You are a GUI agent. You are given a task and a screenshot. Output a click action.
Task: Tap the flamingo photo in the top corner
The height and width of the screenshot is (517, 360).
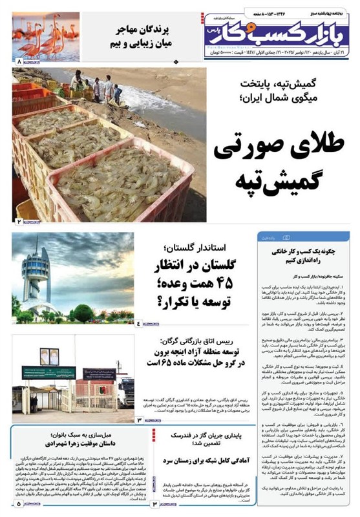(x=46, y=37)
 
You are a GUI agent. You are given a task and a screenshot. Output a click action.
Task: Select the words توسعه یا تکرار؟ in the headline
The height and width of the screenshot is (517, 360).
(x=194, y=301)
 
